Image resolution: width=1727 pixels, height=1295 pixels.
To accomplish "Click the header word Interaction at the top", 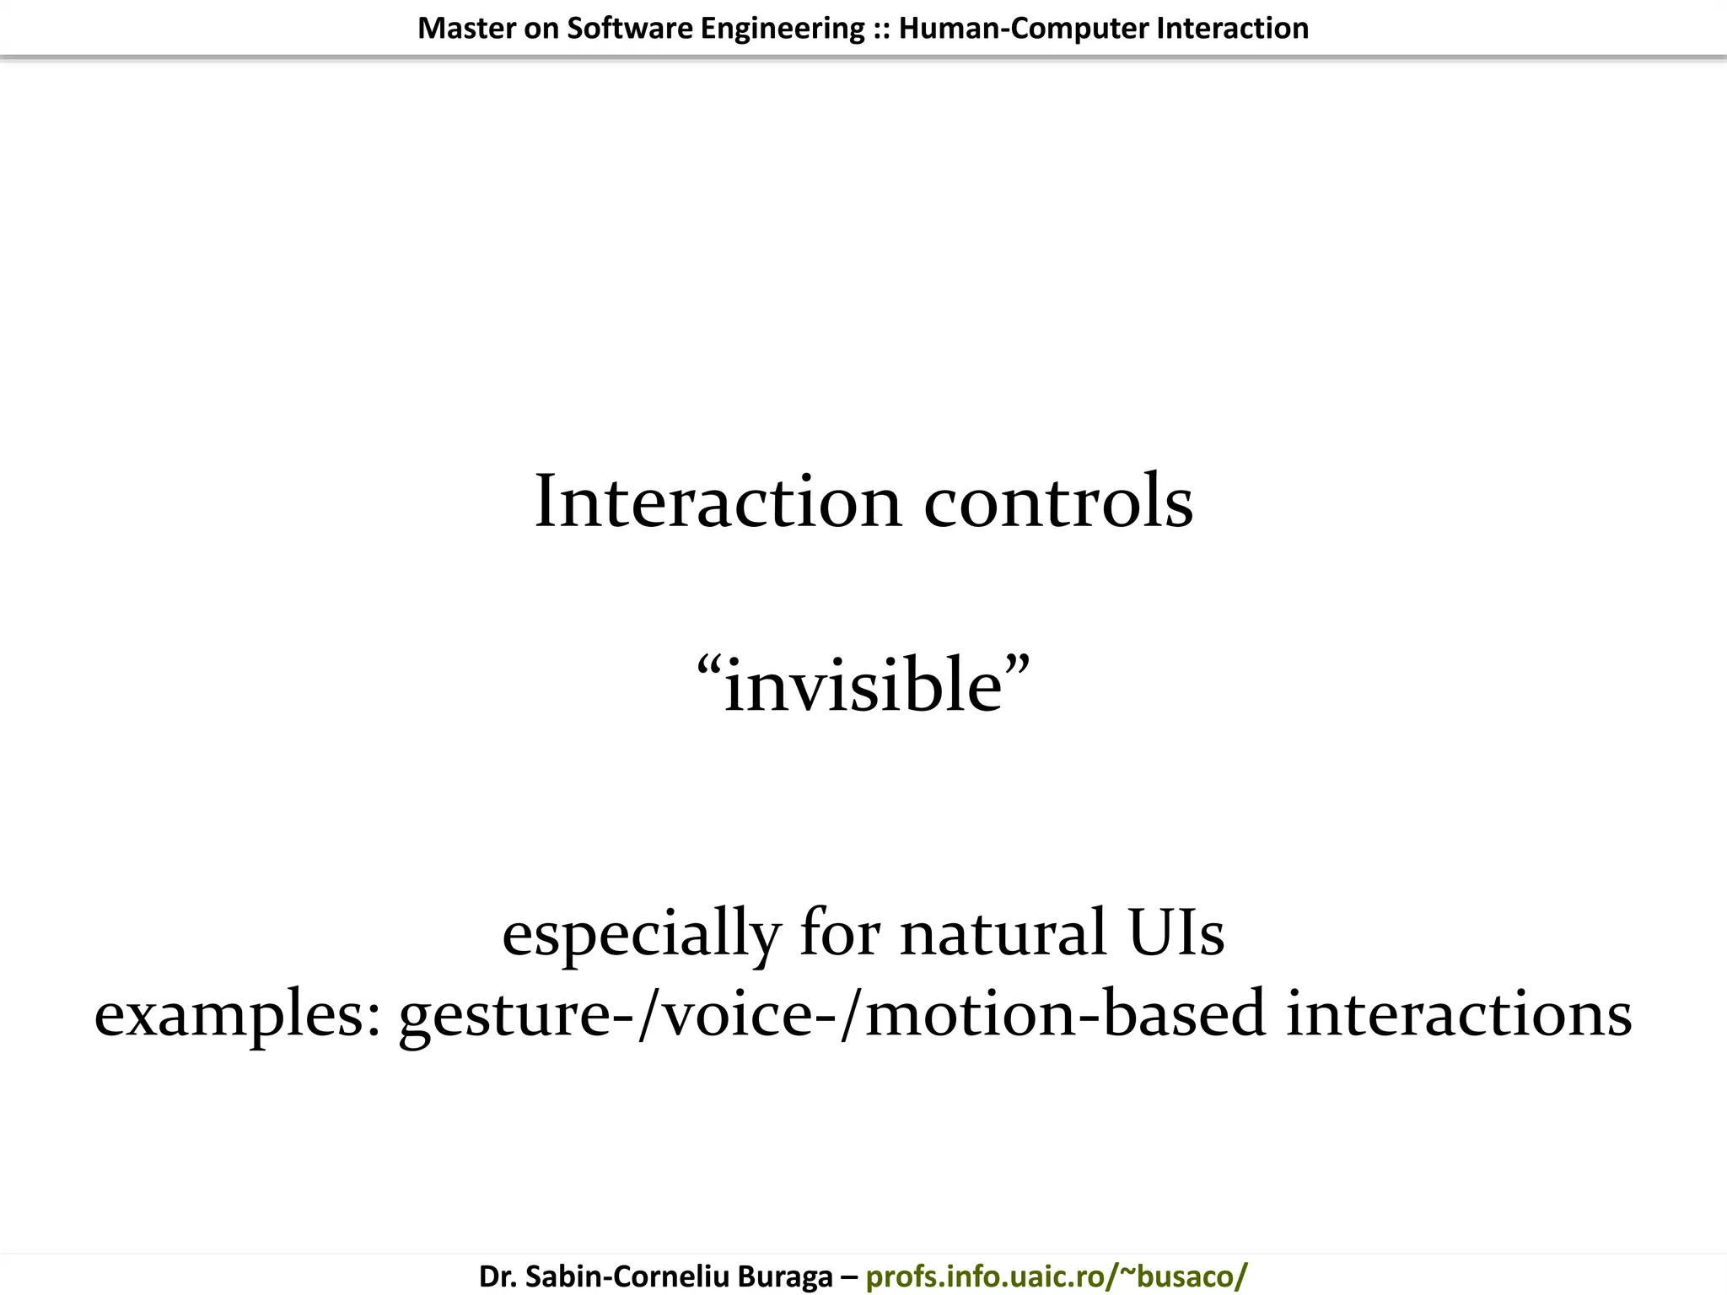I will (1232, 29).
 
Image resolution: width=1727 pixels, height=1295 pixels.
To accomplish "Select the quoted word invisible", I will (863, 686).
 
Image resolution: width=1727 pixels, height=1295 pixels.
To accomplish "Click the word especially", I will (641, 934).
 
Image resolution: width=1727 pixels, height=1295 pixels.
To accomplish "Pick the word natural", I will (1003, 934).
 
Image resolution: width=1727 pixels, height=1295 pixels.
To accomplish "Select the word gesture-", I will (517, 1015).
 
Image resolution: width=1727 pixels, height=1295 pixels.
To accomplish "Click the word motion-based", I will (1065, 1015).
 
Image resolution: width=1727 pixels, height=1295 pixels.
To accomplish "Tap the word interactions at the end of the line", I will (1459, 1015).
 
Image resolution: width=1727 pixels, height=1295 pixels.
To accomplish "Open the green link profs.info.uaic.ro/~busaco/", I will (1057, 1276).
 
